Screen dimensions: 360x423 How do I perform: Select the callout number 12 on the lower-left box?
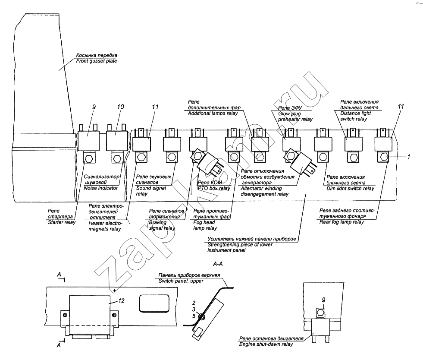click(x=122, y=301)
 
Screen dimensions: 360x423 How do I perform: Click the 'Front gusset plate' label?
click(x=96, y=61)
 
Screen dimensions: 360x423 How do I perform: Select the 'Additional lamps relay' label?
click(x=214, y=113)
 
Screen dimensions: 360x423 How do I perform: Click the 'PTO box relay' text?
click(x=213, y=189)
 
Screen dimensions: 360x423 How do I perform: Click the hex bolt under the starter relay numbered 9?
click(x=89, y=158)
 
